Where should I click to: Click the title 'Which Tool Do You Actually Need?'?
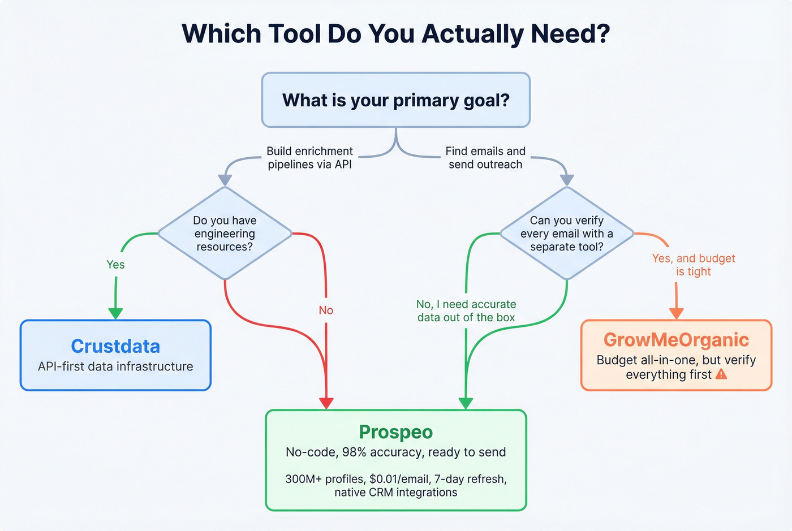(395, 34)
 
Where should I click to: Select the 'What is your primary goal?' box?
(395, 100)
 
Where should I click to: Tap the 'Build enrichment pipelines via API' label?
(309, 158)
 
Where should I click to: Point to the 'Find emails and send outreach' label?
(485, 158)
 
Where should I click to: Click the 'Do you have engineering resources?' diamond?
(225, 234)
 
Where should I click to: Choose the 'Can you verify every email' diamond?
(567, 234)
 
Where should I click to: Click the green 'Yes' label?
(115, 265)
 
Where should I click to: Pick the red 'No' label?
(326, 310)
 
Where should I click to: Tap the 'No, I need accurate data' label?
(466, 311)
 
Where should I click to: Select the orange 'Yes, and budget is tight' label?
(694, 265)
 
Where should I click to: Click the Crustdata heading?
(115, 346)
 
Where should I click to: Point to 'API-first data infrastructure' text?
(115, 366)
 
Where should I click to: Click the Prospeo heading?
(395, 432)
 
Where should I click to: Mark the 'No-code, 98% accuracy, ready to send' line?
(395, 452)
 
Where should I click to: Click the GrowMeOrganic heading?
(676, 339)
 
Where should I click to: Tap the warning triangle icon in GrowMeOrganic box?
(721, 374)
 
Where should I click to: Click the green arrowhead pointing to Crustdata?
(115, 313)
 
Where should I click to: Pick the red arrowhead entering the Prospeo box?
(326, 403)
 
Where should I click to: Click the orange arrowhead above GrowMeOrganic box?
(677, 313)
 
